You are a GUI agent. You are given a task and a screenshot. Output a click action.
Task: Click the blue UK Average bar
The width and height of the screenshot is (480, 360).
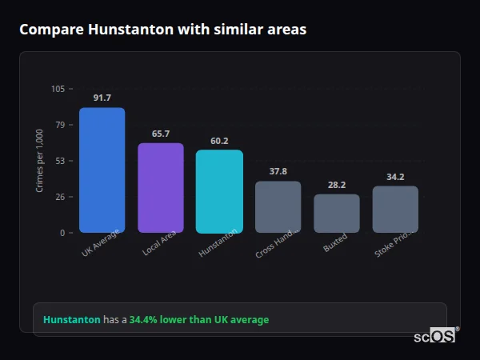102,170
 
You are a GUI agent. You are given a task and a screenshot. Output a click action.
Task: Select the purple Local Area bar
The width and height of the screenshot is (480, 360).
161,188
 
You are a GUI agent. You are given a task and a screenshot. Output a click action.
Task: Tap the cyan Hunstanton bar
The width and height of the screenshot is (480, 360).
219,191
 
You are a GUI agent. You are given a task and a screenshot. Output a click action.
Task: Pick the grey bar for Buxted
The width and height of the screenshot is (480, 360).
337,214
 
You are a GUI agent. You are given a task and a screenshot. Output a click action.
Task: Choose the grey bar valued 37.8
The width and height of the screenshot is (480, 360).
278,207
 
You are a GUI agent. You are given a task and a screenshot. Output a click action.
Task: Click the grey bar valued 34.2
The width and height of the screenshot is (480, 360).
395,210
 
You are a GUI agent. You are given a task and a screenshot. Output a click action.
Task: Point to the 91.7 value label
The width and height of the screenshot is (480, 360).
102,98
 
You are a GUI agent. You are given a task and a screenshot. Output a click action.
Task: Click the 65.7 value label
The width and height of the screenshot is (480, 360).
161,134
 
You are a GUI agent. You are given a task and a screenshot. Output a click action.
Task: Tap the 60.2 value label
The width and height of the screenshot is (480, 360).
219,141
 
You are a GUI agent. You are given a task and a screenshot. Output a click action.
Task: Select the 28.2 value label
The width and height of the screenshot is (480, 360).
337,185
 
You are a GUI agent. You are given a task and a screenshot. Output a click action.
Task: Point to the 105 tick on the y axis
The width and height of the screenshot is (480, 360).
58,89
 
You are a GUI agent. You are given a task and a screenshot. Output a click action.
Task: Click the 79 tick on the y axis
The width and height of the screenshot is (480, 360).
60,125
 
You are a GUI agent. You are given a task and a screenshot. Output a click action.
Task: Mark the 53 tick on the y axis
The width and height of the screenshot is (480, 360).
60,161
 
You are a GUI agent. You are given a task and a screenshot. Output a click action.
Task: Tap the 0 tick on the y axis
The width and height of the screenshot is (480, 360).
62,233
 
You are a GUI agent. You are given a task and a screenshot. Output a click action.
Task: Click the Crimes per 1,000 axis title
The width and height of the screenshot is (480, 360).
39,161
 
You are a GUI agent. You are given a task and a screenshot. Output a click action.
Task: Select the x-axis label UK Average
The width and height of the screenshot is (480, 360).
100,243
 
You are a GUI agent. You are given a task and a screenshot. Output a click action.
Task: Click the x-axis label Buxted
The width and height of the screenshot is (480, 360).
335,243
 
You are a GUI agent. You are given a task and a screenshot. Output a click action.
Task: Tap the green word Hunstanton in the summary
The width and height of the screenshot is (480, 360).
71,320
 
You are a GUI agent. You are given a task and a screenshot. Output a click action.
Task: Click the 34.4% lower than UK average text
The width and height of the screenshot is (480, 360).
199,320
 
